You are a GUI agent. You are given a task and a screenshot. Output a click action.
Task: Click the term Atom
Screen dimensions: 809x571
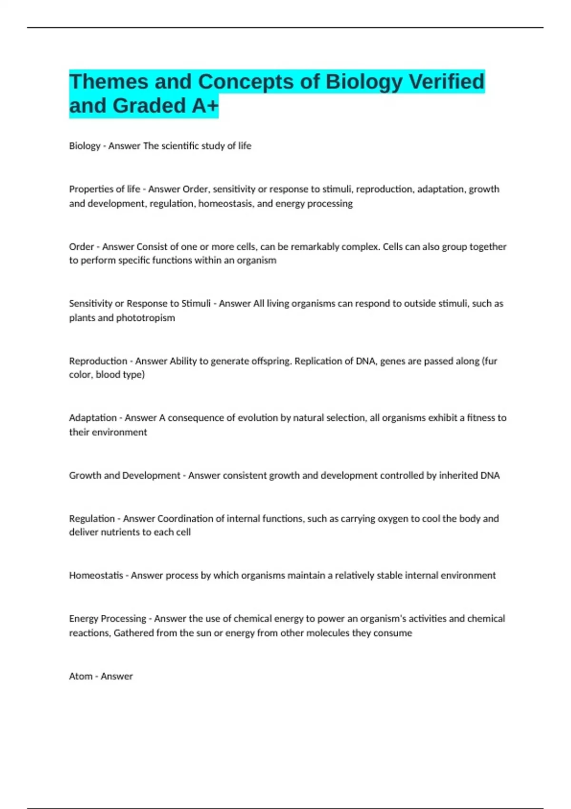(81, 676)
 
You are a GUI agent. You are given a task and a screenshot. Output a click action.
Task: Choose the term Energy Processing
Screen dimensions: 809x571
(108, 619)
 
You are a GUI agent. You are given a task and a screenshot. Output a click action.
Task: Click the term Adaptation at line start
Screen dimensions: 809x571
(93, 418)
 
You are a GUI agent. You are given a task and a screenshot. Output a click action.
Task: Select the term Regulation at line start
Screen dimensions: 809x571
(92, 519)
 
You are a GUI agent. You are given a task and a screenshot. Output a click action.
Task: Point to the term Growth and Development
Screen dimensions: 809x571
(125, 475)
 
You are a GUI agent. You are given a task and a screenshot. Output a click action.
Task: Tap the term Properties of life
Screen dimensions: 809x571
(105, 189)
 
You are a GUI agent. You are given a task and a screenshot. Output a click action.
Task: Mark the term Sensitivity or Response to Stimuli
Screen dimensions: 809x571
(140, 304)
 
